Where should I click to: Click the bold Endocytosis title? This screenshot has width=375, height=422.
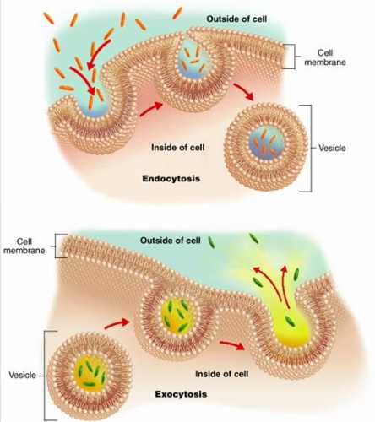(171, 179)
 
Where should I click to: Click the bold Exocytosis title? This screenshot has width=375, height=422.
(181, 394)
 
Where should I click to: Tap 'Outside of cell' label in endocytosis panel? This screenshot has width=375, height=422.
(236, 19)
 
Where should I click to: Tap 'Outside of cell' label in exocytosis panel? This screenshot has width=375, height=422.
(171, 241)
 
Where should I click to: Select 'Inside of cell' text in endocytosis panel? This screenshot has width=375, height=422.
(178, 148)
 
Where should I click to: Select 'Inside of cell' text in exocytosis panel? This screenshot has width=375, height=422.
(222, 374)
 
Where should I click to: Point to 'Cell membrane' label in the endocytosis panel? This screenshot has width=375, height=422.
(325, 57)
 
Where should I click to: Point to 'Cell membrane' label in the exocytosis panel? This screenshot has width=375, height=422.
(24, 246)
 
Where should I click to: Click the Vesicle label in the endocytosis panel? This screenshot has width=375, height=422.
(332, 148)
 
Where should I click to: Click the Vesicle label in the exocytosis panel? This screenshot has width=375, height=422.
(22, 375)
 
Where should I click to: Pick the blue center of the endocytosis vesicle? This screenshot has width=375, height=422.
(267, 143)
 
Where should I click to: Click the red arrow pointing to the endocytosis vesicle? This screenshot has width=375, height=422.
(244, 91)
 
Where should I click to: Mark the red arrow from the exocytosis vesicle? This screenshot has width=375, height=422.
(117, 324)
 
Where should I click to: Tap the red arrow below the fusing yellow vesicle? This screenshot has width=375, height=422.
(231, 345)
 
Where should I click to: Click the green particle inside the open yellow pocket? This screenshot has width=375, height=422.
(291, 321)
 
